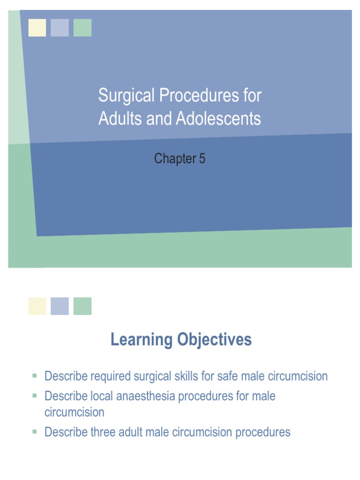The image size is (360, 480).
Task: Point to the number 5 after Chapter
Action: point(202,159)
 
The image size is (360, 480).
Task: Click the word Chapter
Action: point(174,159)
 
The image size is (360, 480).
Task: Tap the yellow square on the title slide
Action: point(37,28)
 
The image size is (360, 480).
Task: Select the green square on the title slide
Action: point(82,28)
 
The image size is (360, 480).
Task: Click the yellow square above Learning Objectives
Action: point(37,306)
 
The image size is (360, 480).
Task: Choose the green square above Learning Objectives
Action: point(82,306)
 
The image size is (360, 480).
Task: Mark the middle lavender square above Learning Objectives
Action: point(60,306)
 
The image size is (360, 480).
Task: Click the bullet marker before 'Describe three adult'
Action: point(35,431)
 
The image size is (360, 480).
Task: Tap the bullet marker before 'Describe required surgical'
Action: point(35,375)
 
